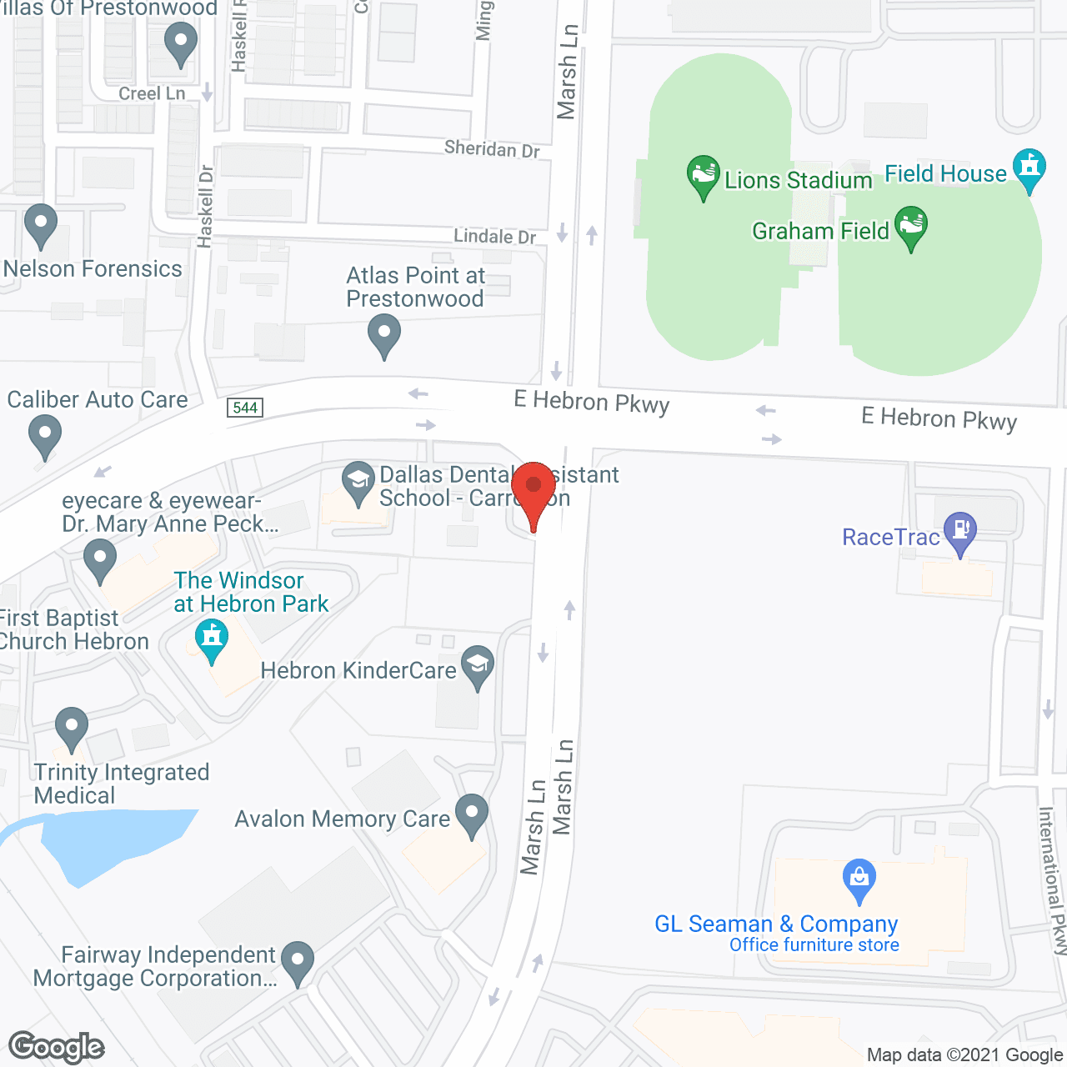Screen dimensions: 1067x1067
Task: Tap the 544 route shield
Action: (245, 408)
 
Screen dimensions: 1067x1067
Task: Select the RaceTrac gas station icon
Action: (961, 530)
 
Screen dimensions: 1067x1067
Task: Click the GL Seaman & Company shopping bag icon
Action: (859, 878)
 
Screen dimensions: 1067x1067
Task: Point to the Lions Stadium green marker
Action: (703, 174)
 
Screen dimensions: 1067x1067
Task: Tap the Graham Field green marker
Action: (911, 225)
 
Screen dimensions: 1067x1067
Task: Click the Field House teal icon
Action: (1029, 167)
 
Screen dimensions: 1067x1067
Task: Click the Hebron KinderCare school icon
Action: (478, 664)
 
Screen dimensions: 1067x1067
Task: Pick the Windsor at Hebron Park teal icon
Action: (212, 638)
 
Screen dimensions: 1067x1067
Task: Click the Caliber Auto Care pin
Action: (45, 433)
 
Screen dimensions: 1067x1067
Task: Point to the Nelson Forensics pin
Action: (40, 223)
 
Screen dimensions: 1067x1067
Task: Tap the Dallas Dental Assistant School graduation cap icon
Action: (358, 481)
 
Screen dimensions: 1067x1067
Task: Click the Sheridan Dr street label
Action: (492, 149)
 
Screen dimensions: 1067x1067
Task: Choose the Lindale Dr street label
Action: (494, 237)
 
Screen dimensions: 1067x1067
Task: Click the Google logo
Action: (57, 1047)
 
